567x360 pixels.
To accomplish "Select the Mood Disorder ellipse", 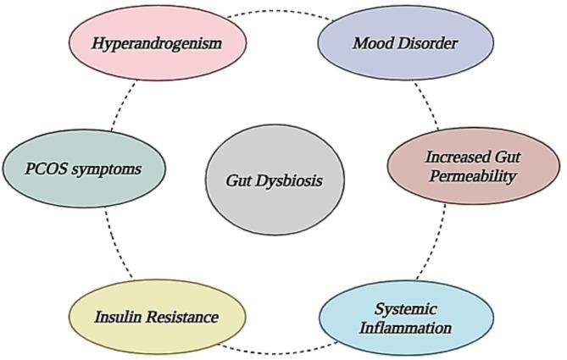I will point(405,42).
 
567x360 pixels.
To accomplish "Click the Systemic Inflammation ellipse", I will point(406,317).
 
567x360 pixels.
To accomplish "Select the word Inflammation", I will point(406,327).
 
